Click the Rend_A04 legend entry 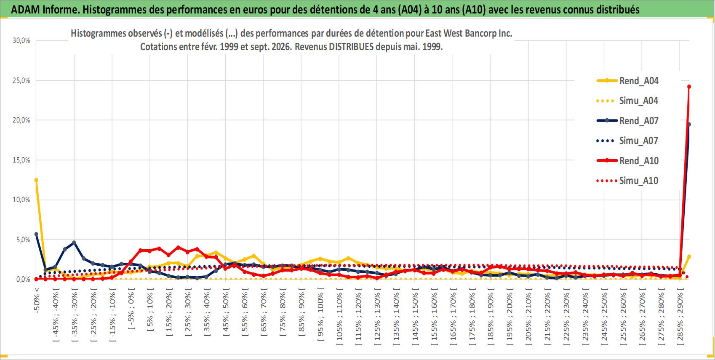627,81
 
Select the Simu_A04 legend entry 627,101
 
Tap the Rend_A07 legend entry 627,121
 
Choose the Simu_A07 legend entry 627,141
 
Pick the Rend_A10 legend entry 627,160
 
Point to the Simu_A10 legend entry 627,181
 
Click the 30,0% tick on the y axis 21,40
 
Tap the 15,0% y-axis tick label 21,160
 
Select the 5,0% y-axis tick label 23,240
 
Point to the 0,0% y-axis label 23,279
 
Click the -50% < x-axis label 37,300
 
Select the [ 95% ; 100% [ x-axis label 320,314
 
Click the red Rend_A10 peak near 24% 689,87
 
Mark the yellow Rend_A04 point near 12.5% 36,180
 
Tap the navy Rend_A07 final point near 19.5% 689,124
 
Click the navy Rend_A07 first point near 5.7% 36,234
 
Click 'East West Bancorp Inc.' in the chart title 469,33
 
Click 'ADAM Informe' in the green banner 44,10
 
